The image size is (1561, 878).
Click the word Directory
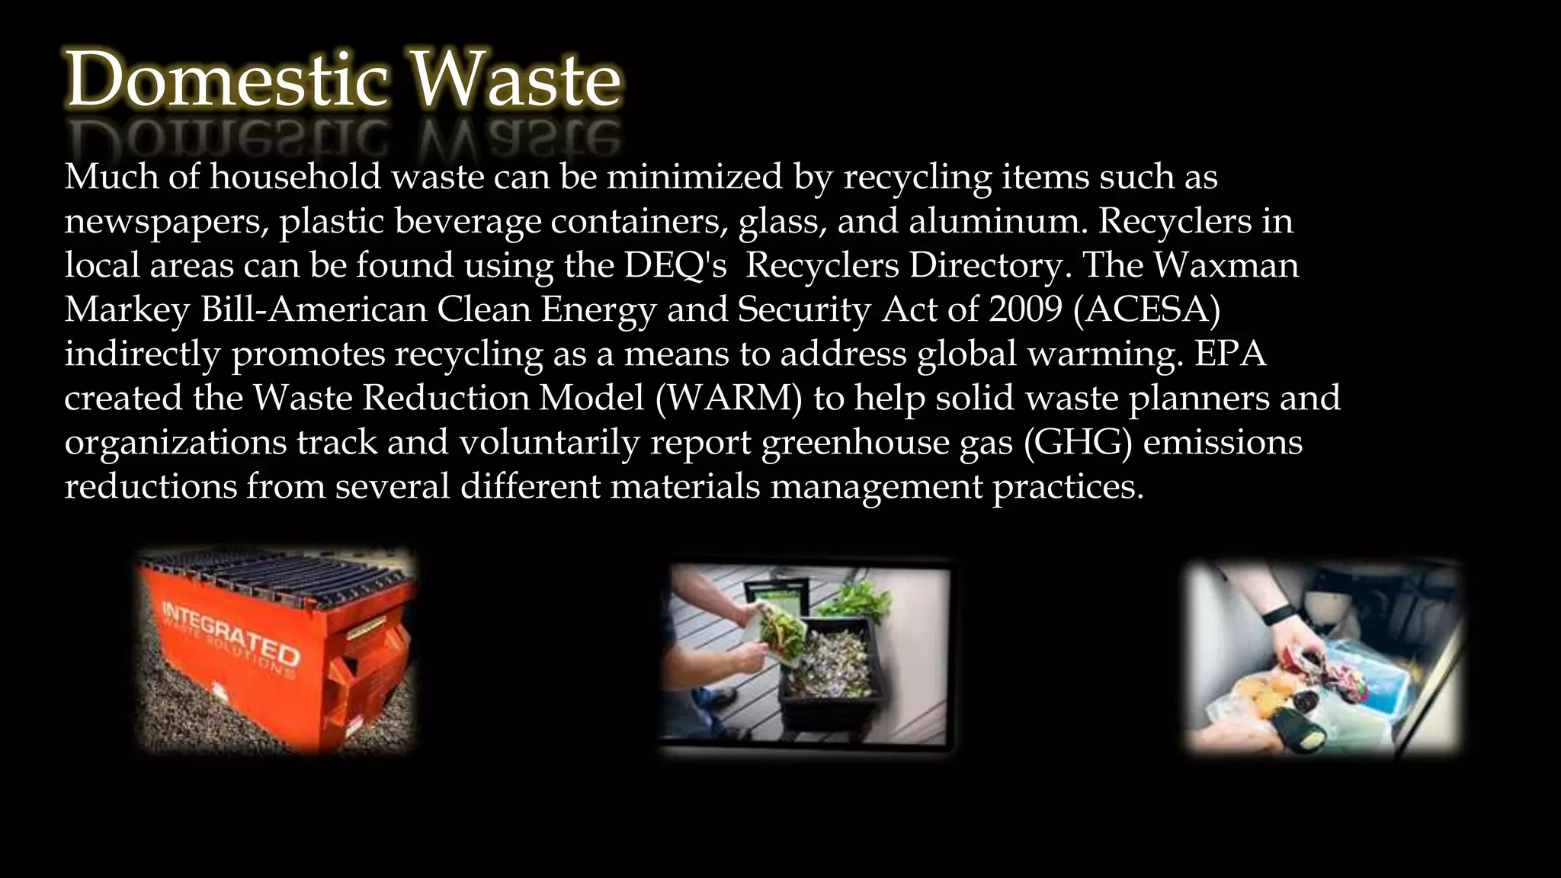click(989, 265)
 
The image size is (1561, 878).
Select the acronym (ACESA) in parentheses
click(1146, 309)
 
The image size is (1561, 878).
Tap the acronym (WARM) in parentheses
click(729, 398)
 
